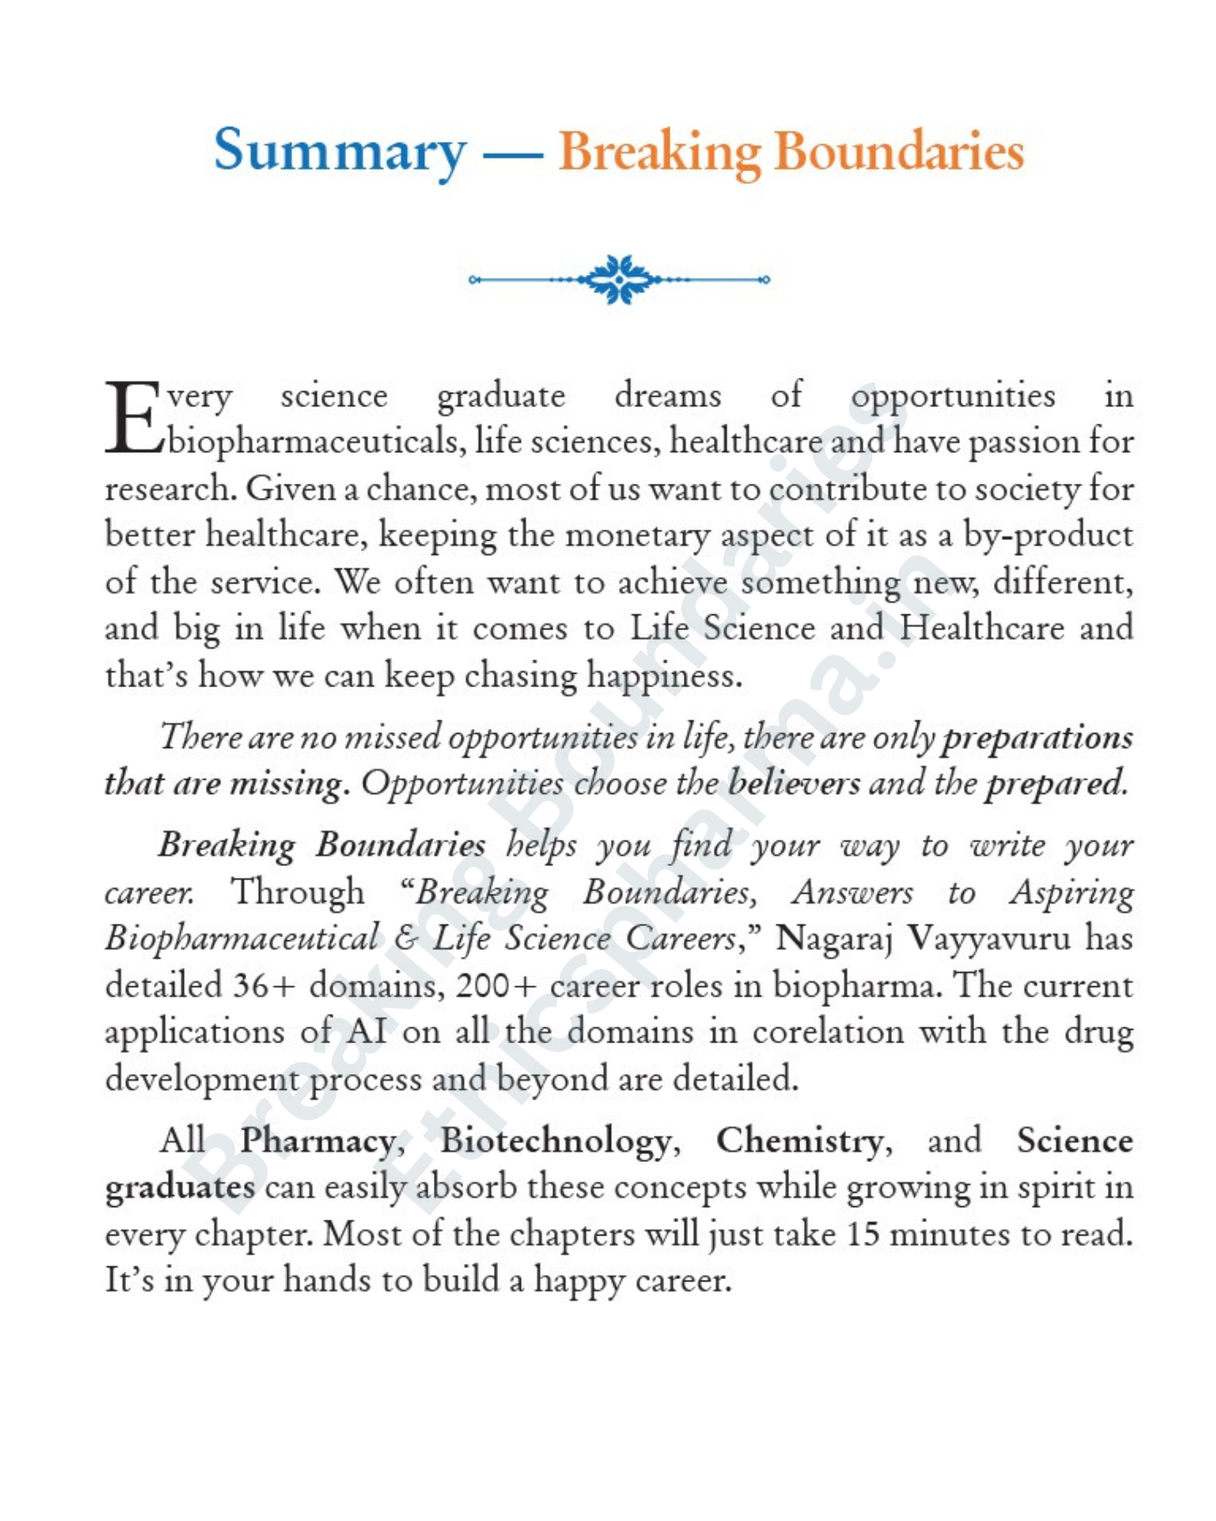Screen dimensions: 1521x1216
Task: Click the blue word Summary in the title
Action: (340, 151)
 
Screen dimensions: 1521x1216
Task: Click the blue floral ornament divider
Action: (619, 279)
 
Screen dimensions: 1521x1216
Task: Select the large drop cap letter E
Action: (133, 419)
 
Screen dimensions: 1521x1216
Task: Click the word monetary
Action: (637, 535)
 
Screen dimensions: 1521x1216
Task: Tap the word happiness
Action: (664, 675)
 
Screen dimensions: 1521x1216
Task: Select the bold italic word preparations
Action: (1037, 738)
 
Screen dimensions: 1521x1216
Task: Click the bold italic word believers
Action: (793, 783)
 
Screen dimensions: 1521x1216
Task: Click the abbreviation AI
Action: (368, 1032)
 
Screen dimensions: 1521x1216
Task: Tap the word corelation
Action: (828, 1032)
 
